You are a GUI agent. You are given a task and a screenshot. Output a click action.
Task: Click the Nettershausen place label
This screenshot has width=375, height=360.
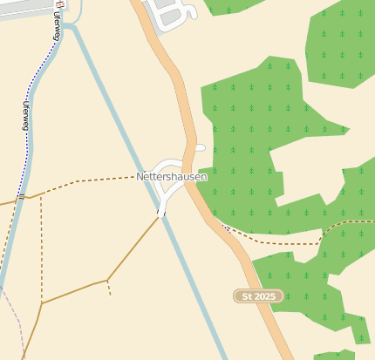pyautogui.click(x=172, y=176)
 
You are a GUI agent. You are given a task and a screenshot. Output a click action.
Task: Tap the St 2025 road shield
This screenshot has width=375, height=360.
pyautogui.click(x=260, y=296)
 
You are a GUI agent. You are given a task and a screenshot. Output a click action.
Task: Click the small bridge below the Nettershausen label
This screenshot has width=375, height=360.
pyautogui.click(x=161, y=210)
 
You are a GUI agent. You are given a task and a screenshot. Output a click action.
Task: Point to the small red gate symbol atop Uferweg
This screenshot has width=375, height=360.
pyautogui.click(x=59, y=3)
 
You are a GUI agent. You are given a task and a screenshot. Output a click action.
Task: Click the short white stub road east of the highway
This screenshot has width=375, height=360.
pyautogui.click(x=200, y=148)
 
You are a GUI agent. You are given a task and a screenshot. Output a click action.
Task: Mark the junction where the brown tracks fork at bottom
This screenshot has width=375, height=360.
pyautogui.click(x=106, y=280)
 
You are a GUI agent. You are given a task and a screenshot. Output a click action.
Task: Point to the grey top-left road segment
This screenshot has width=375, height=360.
pyautogui.click(x=22, y=9)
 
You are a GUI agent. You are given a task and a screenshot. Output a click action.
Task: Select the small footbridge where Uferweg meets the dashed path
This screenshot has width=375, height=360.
pyautogui.click(x=20, y=196)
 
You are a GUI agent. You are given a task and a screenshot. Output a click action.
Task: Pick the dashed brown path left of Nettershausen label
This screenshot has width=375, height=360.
pyautogui.click(x=87, y=180)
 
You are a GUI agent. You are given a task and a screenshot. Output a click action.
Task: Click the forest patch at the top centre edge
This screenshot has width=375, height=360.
pyautogui.click(x=231, y=6)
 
